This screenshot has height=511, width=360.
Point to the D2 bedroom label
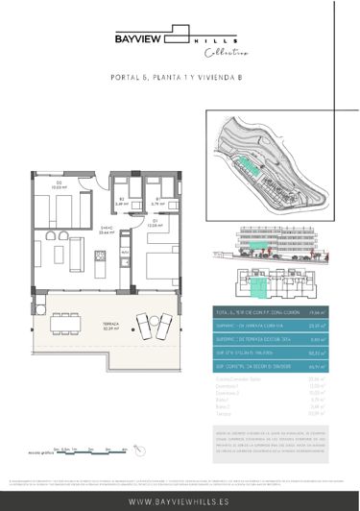[59, 185]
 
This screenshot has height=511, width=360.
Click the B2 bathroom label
[121, 202]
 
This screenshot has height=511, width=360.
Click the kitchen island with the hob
[100, 257]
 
